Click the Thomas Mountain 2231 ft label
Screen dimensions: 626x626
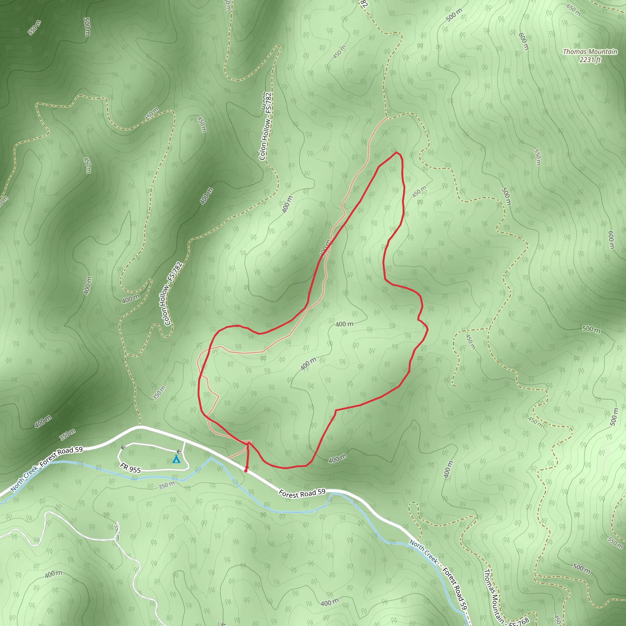pos(590,55)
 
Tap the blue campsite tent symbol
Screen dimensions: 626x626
pos(176,459)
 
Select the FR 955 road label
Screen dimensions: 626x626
pos(130,468)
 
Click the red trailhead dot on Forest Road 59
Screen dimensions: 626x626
pos(246,471)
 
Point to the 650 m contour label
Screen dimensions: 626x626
pos(573,10)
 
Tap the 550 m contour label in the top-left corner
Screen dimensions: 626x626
pos(34,28)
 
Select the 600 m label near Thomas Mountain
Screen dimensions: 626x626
pos(524,41)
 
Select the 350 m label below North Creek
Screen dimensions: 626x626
pos(167,485)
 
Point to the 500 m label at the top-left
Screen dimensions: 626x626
pos(87,27)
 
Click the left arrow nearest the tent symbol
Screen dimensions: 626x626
pos(179,451)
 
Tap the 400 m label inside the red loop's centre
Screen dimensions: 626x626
pos(344,324)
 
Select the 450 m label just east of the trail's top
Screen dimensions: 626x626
pos(419,192)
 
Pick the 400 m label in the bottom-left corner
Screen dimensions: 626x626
pos(53,574)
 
